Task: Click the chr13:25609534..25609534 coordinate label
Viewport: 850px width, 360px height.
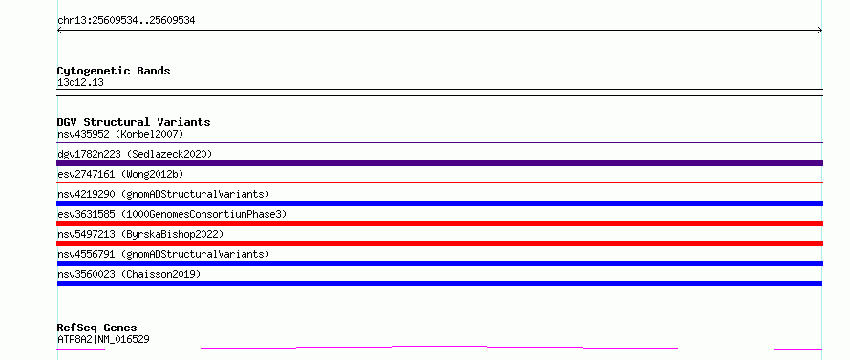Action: click(126, 21)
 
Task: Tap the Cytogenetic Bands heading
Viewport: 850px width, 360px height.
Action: click(114, 71)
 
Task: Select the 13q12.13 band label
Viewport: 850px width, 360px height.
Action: click(80, 83)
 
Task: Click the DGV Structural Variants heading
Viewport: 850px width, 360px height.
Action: click(134, 122)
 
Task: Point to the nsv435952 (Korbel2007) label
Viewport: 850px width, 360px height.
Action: click(120, 134)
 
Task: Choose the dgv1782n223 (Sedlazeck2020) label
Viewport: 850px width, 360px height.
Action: click(135, 154)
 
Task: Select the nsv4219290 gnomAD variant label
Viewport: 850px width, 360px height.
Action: click(163, 194)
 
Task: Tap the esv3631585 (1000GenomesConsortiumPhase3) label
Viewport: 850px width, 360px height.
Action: click(172, 214)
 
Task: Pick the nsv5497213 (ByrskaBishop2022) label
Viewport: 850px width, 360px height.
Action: click(140, 234)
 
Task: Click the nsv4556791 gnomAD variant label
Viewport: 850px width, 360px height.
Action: click(163, 254)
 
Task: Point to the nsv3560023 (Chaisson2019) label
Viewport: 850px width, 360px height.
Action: click(129, 274)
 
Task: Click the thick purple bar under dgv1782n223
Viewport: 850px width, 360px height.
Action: click(439, 163)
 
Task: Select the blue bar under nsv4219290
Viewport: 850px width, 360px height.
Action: click(439, 203)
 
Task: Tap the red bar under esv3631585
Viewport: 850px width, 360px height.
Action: click(439, 223)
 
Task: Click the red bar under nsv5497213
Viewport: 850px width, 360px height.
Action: click(439, 244)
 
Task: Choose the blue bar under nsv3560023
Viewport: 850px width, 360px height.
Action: click(439, 284)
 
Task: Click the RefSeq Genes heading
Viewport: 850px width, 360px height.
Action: click(97, 328)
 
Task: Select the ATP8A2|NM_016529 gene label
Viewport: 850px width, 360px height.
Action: click(103, 339)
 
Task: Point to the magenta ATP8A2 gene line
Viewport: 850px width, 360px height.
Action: click(439, 346)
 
